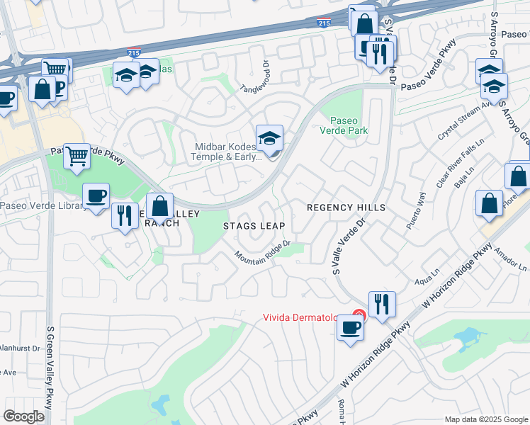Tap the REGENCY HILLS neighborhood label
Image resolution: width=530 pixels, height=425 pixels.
(346, 208)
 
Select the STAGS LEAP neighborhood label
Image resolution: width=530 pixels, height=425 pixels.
(254, 226)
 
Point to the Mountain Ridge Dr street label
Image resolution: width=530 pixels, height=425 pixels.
(264, 251)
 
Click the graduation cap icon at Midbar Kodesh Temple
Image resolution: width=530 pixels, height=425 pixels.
(269, 139)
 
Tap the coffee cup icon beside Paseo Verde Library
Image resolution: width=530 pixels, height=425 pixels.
(96, 195)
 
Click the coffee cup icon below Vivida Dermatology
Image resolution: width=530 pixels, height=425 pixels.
(350, 327)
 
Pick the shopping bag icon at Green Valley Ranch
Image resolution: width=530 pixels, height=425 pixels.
(160, 206)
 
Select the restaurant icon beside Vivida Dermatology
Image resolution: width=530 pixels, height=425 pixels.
(382, 304)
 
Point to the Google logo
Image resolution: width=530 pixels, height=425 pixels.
(23, 416)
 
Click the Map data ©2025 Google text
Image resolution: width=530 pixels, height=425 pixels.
(486, 419)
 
